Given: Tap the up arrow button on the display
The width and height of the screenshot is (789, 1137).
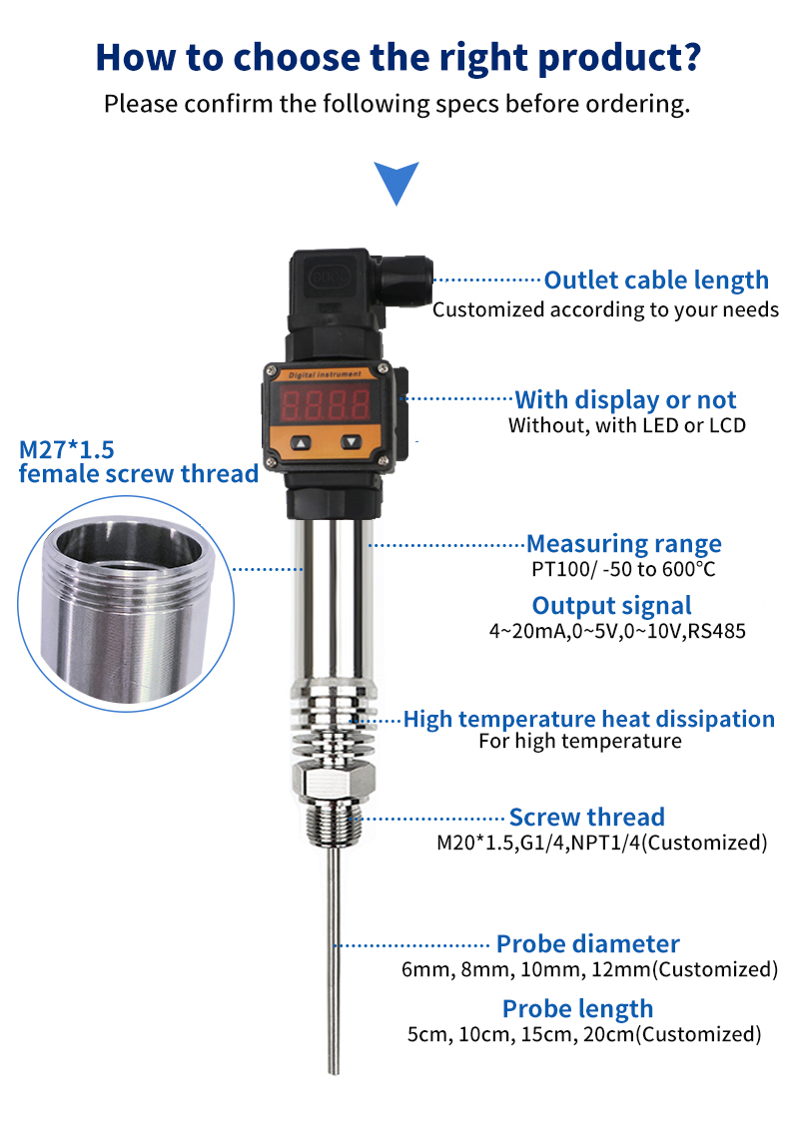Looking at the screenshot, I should (301, 442).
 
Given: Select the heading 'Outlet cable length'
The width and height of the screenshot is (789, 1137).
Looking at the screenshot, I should (655, 281).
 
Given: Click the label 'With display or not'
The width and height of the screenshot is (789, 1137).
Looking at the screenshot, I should (625, 400).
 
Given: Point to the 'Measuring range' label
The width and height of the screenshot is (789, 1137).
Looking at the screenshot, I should (623, 544).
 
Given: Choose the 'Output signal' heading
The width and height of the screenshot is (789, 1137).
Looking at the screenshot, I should (611, 606).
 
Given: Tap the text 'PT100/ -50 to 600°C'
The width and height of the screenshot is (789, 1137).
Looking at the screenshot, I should (623, 570).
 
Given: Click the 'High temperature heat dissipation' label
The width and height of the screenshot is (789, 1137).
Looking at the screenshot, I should (588, 719).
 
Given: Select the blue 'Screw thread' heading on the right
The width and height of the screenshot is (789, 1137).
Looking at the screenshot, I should (586, 818).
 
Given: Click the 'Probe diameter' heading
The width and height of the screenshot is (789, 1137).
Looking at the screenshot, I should (587, 943).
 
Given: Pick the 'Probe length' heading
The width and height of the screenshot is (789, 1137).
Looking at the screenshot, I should (577, 1008).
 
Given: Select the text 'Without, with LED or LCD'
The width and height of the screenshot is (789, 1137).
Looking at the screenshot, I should (626, 426).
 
